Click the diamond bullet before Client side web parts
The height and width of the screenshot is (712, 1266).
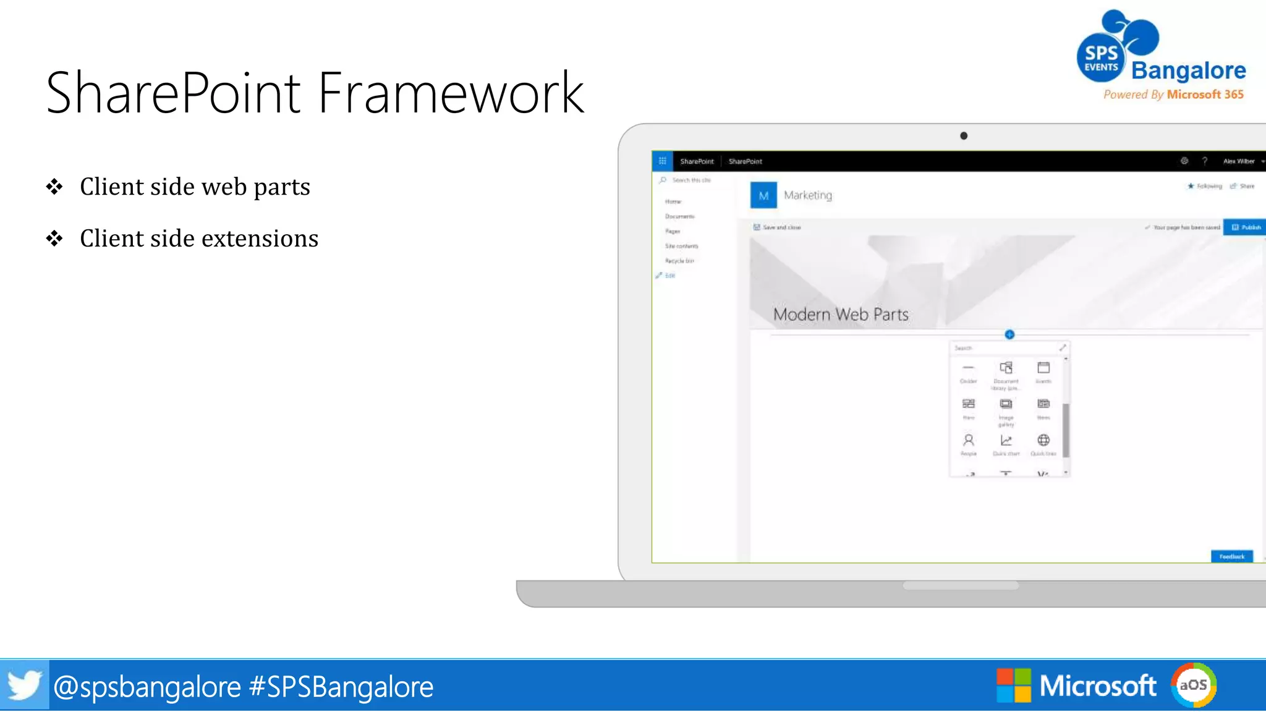click(x=54, y=187)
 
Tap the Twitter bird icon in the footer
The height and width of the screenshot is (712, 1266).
click(x=23, y=685)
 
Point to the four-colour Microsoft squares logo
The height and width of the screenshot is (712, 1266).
click(x=1013, y=685)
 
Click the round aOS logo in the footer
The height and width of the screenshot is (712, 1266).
click(x=1193, y=685)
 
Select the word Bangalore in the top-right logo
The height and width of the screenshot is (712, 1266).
click(x=1188, y=70)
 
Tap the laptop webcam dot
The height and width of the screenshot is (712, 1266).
click(x=964, y=136)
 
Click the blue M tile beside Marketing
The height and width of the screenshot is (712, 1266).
click(x=763, y=195)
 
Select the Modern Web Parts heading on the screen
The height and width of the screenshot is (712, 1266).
click(x=841, y=315)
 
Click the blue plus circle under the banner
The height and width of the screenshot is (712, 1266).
click(x=1009, y=334)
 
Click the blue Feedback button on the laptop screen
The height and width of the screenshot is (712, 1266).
click(x=1231, y=556)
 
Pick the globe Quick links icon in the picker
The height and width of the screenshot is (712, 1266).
click(x=1043, y=441)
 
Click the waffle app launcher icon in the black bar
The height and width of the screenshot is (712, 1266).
click(x=662, y=161)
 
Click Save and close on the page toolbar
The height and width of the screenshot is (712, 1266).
click(x=778, y=227)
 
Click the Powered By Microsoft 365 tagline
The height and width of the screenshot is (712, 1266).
click(x=1173, y=95)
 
